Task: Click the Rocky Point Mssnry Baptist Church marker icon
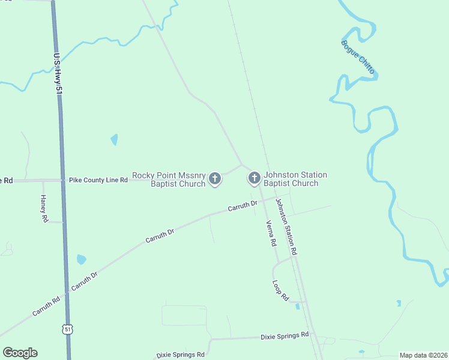tap(214, 178)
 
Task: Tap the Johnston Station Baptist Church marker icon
tap(254, 178)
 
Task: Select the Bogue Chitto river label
tap(358, 57)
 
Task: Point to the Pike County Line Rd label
tap(98, 179)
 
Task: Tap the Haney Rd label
tap(44, 209)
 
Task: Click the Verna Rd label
tap(271, 233)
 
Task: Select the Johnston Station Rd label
tap(286, 227)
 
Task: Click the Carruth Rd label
tap(46, 306)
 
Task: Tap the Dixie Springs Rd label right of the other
tap(285, 335)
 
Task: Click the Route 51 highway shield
tap(67, 329)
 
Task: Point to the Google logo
tap(20, 353)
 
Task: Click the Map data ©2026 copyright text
tap(423, 355)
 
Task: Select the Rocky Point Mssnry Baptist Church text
tap(169, 179)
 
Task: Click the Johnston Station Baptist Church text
tap(296, 179)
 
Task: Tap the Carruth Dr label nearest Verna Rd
tap(243, 207)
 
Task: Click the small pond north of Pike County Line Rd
tap(114, 140)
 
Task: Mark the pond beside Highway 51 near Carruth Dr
tap(81, 260)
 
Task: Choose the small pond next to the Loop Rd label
tap(298, 306)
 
